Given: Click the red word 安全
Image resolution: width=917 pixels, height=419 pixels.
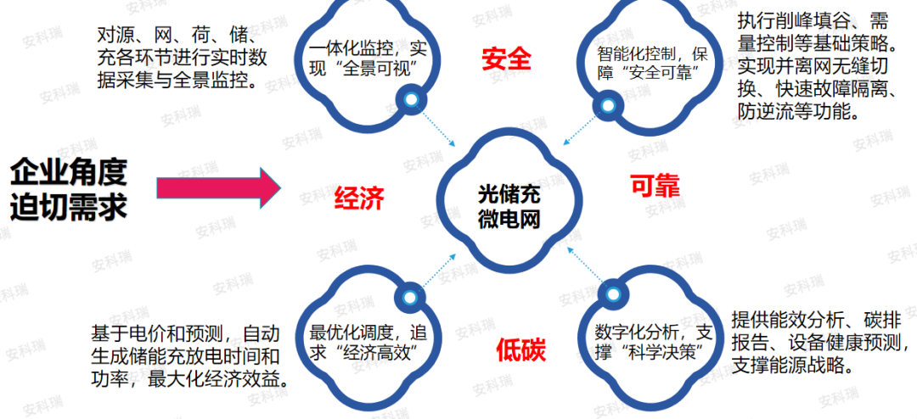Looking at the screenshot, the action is pos(506,59).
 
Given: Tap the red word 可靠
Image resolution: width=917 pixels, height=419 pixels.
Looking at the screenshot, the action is pos(655,186).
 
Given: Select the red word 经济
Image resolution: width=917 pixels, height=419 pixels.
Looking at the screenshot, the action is pos(359,198).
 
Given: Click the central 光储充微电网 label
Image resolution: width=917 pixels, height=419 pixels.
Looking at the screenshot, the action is pos(509,206).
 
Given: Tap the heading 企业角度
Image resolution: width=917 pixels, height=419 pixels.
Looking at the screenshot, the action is pos(69,172).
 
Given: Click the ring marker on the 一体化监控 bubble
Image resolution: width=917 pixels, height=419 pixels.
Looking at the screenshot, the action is pos(412,101).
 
